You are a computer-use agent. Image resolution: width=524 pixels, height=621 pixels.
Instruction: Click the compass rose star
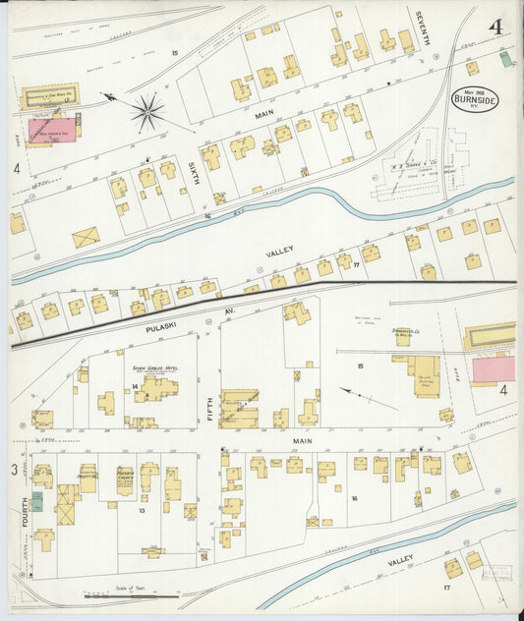[x=148, y=112]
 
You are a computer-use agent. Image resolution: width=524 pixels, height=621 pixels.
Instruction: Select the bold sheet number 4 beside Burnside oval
[x=495, y=27]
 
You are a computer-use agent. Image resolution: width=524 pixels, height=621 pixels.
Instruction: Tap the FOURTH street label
[x=23, y=514]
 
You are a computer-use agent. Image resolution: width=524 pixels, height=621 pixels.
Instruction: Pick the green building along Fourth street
[x=36, y=501]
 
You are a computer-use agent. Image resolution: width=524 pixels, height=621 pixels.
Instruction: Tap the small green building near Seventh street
[x=505, y=59]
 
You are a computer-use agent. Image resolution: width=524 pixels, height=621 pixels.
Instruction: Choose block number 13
[x=142, y=511]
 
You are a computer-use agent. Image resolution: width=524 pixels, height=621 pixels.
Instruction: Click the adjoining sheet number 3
[x=14, y=471]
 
